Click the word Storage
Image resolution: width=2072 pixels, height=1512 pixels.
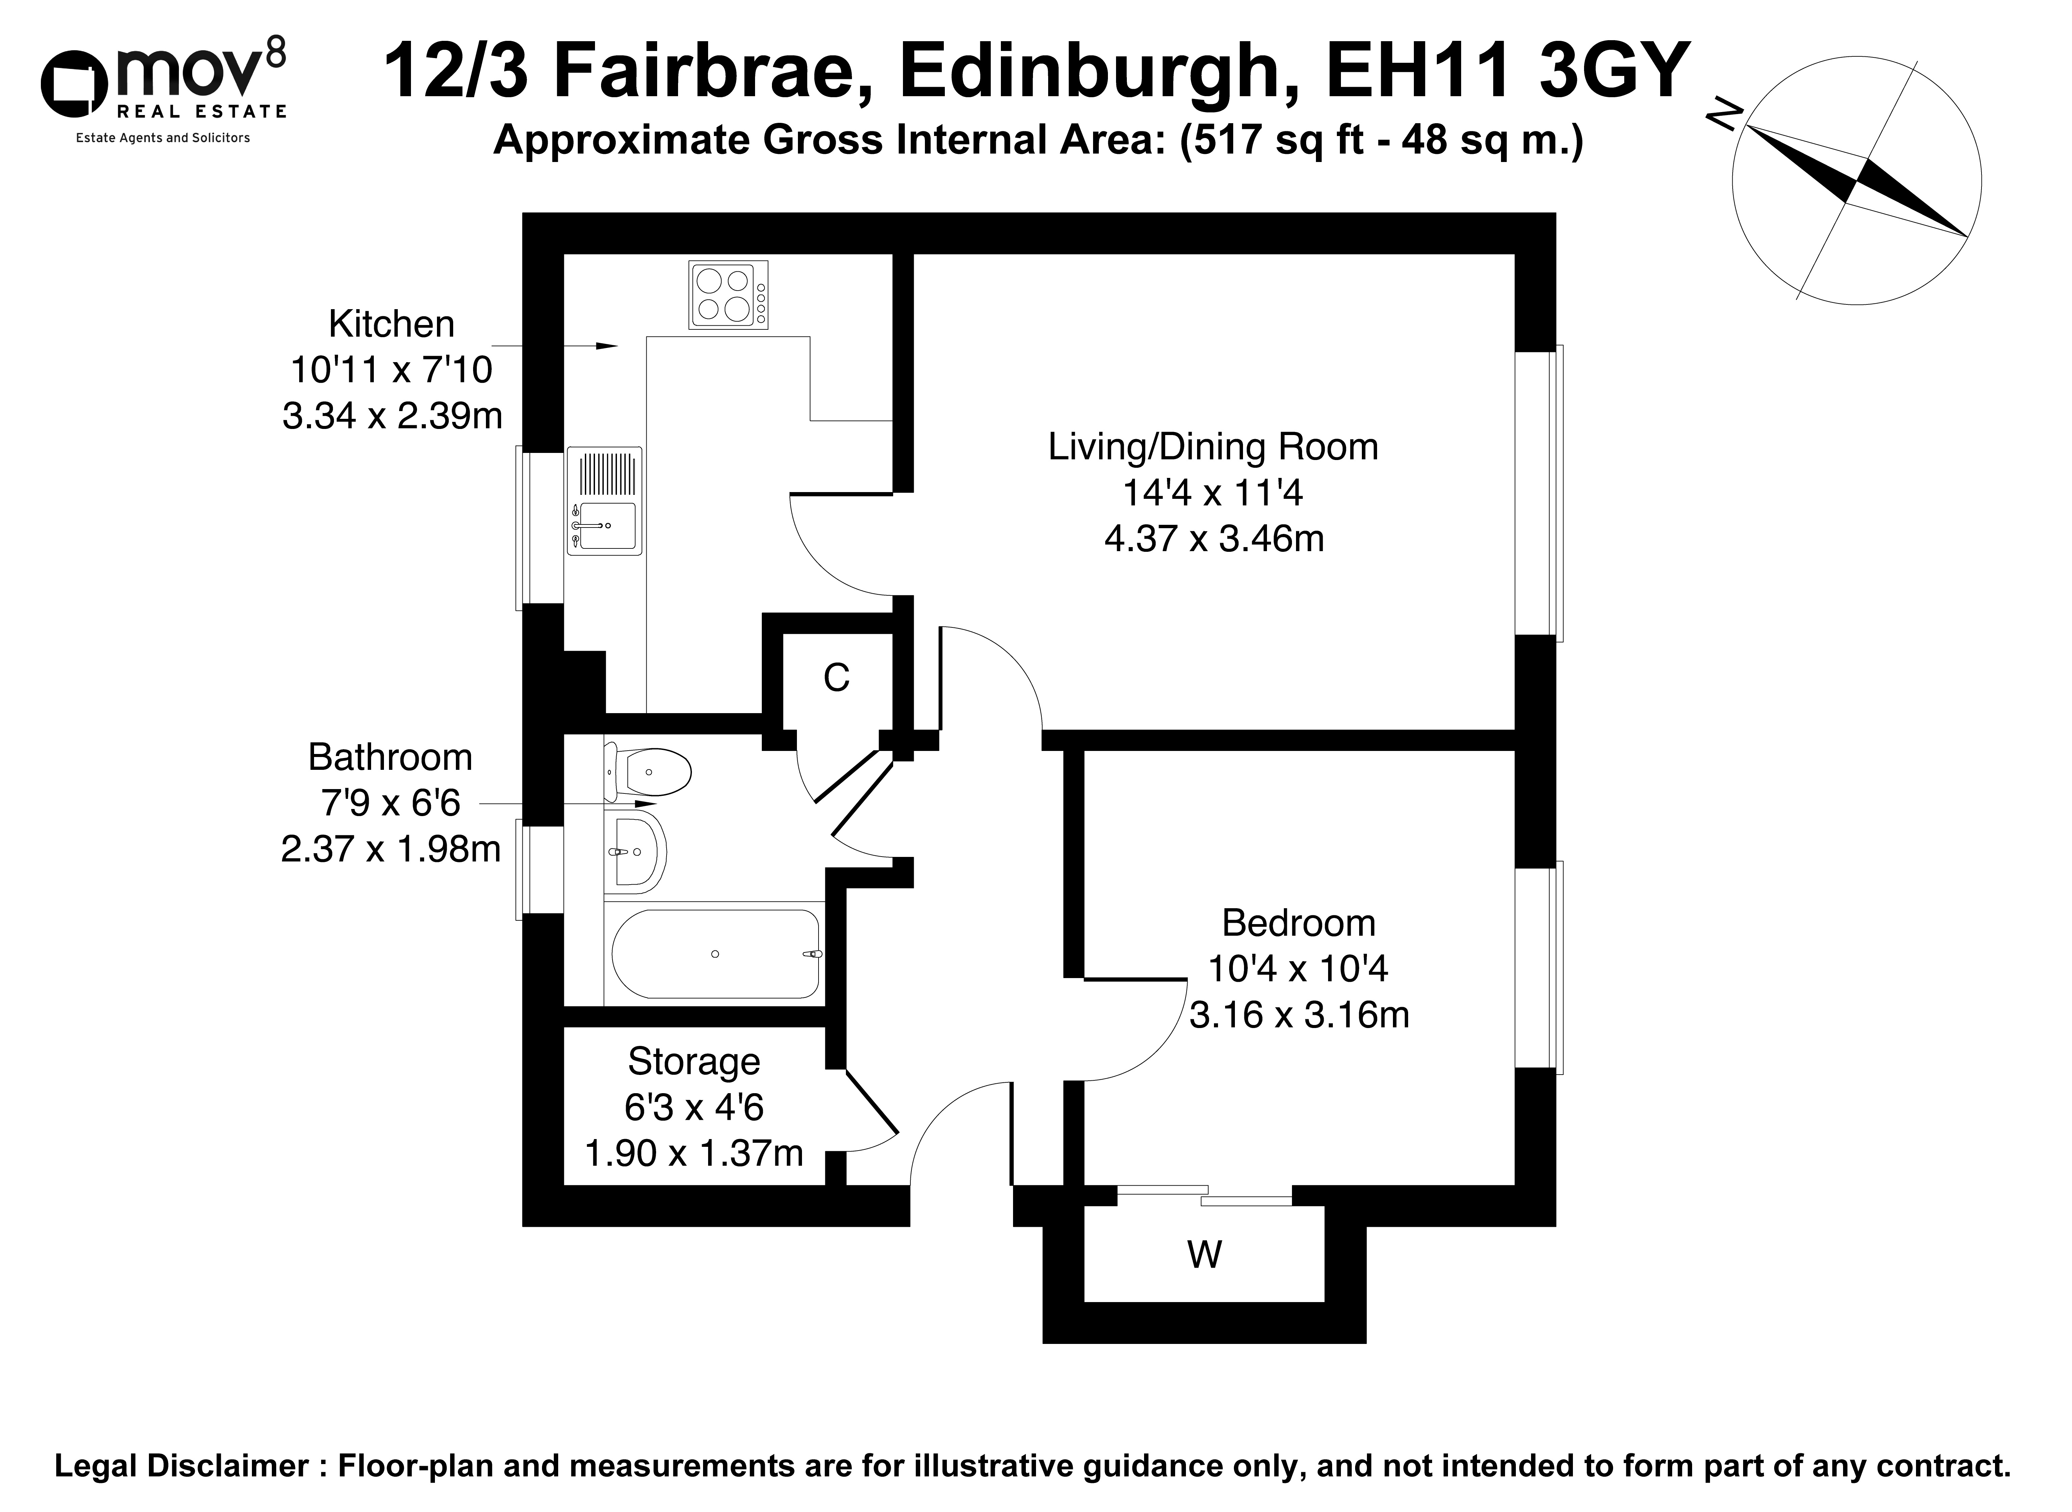pyautogui.click(x=694, y=1062)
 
